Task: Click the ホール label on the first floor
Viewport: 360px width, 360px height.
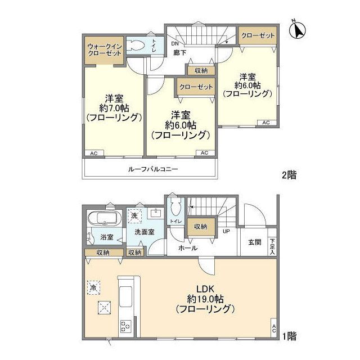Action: (187, 247)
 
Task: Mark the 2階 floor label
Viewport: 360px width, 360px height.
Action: (289, 175)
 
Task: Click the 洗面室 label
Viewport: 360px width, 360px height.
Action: (145, 231)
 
